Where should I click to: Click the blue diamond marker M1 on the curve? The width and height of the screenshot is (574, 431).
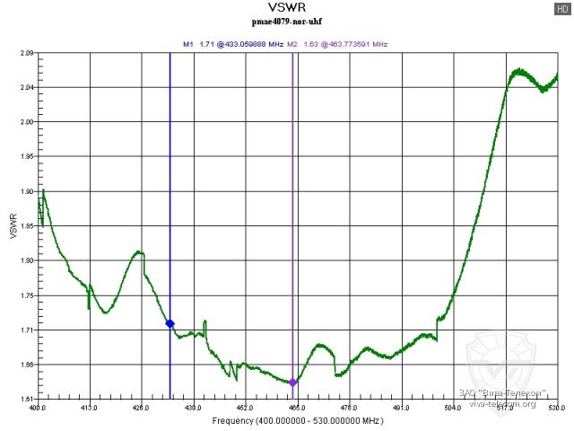[170, 323]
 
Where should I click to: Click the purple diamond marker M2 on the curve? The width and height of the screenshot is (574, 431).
[292, 383]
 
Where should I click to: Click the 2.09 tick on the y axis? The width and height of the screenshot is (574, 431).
[25, 53]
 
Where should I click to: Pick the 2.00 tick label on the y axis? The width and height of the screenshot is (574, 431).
[25, 122]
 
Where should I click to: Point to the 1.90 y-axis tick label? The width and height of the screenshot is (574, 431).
[25, 191]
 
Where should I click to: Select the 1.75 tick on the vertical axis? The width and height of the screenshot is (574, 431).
[25, 295]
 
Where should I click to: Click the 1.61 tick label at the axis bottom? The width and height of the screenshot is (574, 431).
[25, 399]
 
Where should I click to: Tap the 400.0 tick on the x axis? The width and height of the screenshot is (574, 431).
[38, 408]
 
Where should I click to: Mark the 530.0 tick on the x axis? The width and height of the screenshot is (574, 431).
[556, 408]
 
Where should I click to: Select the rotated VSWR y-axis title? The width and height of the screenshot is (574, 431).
[12, 225]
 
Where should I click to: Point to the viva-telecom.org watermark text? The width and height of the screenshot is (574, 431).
[502, 403]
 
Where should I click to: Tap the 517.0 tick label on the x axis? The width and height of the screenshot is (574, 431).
[505, 408]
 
